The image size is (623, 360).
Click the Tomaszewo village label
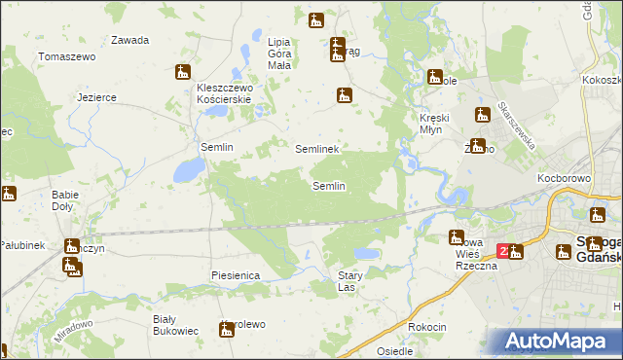tap(66, 56)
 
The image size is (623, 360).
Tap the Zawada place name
tap(129, 40)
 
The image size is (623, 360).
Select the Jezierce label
tap(97, 97)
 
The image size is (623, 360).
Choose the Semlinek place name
tap(316, 149)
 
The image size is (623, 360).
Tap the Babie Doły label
tap(64, 200)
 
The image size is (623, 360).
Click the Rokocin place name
tap(427, 327)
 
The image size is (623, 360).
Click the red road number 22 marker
tap(503, 250)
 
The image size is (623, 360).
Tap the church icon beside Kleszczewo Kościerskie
tap(182, 72)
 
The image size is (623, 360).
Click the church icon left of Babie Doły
tap(8, 194)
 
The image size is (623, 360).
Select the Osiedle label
tap(394, 351)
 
